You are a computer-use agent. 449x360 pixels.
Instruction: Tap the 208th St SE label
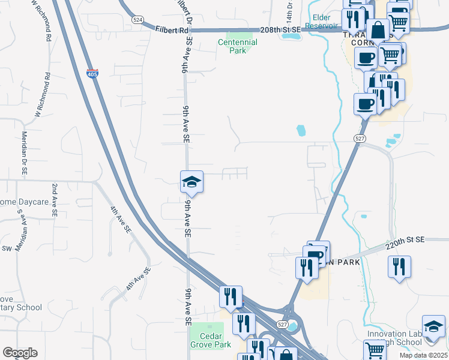(x=280, y=29)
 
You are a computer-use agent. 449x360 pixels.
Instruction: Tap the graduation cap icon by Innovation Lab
(x=433, y=327)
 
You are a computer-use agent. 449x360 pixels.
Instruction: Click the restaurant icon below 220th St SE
(x=399, y=267)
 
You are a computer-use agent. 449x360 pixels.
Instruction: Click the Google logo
(x=20, y=353)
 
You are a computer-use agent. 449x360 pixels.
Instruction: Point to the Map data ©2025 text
(x=423, y=355)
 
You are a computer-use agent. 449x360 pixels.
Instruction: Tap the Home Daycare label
(x=24, y=202)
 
